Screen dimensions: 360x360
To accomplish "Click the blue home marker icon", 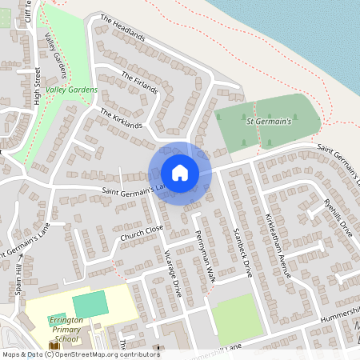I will pyautogui.click(x=180, y=173).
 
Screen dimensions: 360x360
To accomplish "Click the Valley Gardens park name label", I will pyautogui.click(x=71, y=90).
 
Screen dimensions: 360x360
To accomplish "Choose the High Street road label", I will pyautogui.click(x=38, y=86).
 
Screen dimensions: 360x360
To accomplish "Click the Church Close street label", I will pyautogui.click(x=142, y=232).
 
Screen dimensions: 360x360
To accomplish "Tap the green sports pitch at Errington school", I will pyautogui.click(x=89, y=304).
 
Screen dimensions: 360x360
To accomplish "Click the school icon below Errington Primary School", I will pyautogui.click(x=54, y=346).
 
